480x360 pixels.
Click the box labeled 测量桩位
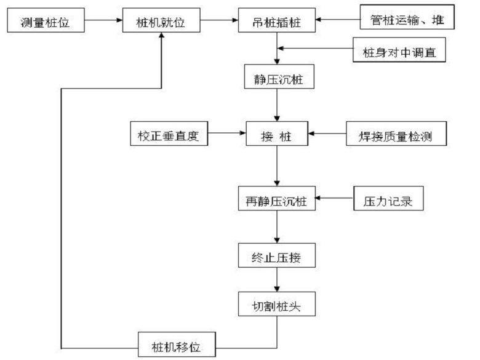coord(45,23)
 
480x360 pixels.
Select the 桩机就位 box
coord(161,23)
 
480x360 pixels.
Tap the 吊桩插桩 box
coord(277,23)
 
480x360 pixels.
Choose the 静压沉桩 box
coord(277,78)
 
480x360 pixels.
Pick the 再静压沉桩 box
coord(277,199)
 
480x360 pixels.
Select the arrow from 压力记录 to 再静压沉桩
coord(335,199)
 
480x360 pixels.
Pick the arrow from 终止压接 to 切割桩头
coord(278,279)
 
